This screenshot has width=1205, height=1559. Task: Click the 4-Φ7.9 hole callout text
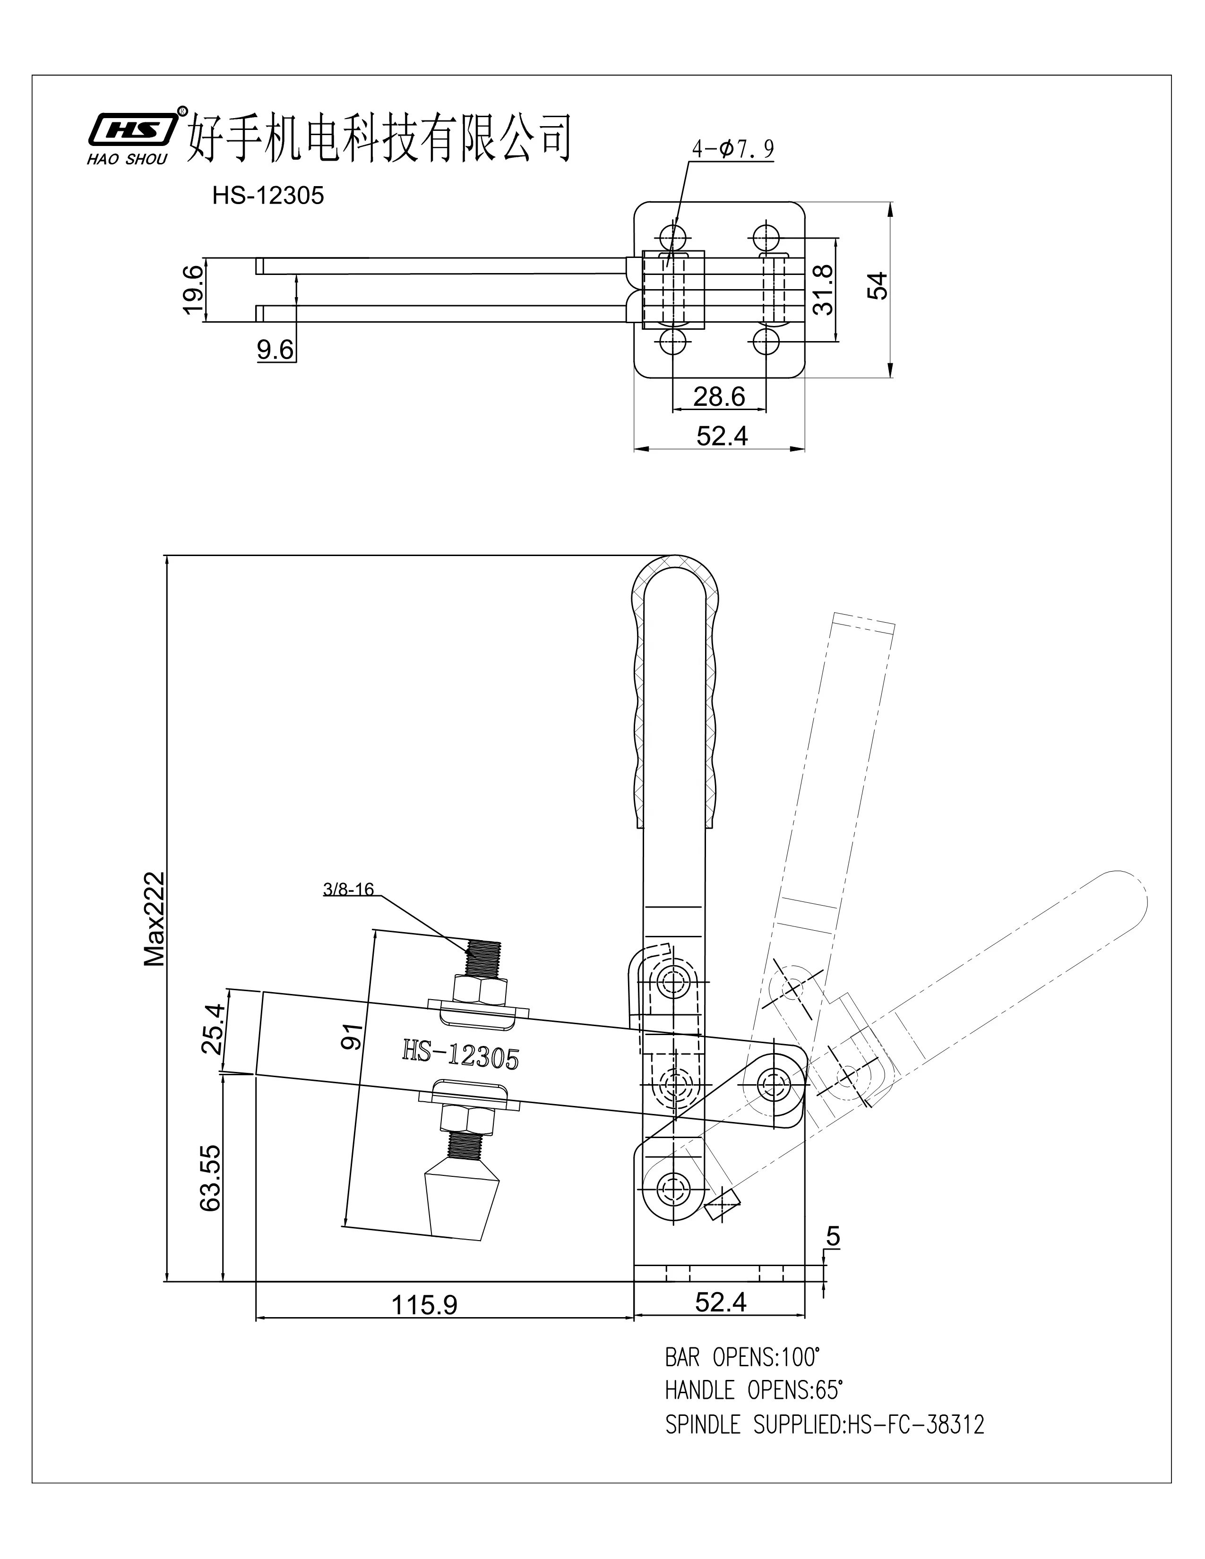(732, 149)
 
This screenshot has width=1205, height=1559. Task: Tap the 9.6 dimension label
(275, 350)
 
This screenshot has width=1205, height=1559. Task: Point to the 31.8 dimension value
(823, 289)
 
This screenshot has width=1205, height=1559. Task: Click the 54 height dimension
(881, 285)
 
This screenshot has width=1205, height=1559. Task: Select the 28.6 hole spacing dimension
(719, 396)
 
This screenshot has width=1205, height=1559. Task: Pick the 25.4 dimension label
(213, 1028)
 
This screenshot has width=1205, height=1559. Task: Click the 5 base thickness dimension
(833, 1237)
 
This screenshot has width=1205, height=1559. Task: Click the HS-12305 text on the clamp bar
(460, 1055)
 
